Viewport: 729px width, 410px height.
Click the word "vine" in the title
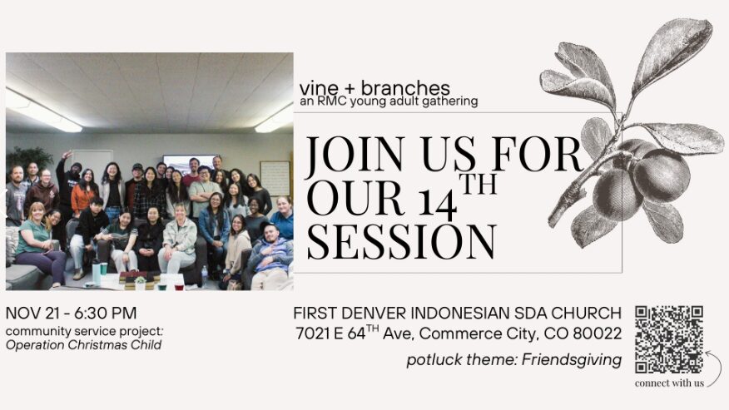pos(319,88)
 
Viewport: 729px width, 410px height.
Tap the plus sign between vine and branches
pos(350,89)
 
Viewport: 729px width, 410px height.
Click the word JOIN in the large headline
pos(355,154)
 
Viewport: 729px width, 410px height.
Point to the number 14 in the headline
pos(438,202)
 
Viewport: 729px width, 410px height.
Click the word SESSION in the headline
pos(401,241)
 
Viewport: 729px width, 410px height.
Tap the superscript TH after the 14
pos(479,184)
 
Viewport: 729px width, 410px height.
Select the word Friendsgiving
pos(572,360)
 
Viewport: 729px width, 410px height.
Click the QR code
pos(669,339)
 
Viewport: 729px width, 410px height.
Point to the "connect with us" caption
pos(669,383)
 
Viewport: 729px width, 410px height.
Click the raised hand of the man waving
pos(67,155)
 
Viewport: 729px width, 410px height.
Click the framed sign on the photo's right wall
pos(275,179)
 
